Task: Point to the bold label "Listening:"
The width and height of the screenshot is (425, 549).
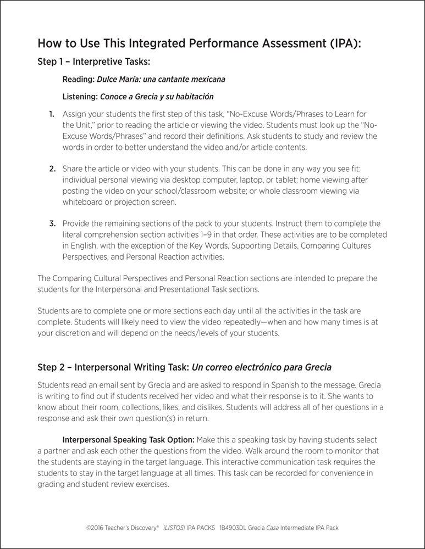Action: click(x=80, y=97)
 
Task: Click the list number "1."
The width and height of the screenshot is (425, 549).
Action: click(x=52, y=114)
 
